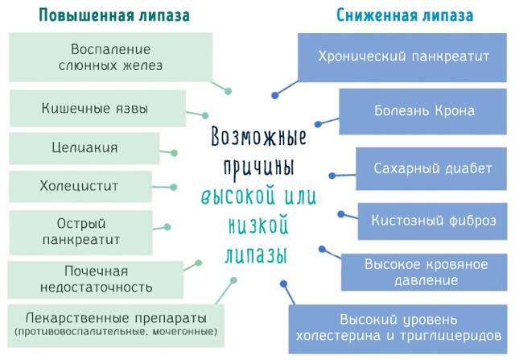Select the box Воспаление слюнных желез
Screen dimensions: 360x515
pyautogui.click(x=110, y=56)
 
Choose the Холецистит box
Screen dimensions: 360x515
pyautogui.click(x=78, y=186)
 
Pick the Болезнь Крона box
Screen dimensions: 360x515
pyautogui.click(x=425, y=111)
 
